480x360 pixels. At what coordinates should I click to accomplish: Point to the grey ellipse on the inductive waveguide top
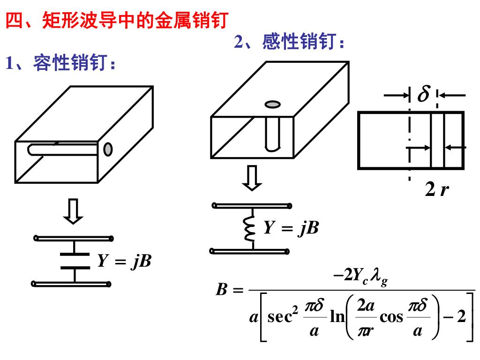272,104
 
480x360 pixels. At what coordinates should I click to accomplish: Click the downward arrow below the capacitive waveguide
74,212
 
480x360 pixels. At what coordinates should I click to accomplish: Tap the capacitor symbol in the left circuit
75,261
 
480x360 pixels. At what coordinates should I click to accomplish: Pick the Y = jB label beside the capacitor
124,261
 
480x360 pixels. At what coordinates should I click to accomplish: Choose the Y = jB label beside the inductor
291,228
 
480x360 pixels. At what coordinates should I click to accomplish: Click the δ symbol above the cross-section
423,95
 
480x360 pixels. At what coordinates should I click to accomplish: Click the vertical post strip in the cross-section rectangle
437,140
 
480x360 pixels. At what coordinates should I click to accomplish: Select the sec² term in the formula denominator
282,317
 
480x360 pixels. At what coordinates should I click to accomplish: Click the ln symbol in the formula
337,317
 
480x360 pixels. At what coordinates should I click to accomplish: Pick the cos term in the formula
391,317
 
